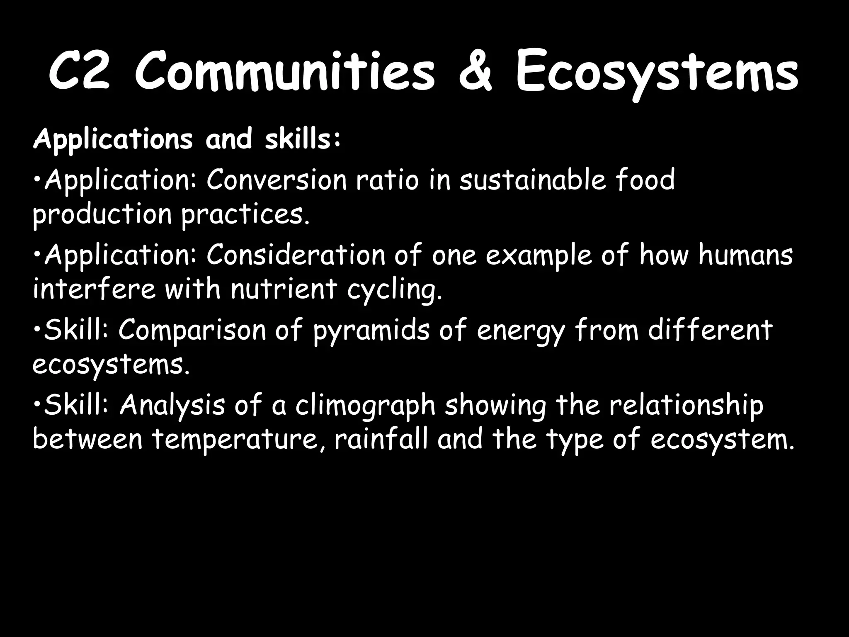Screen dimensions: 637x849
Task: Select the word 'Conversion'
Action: (276, 180)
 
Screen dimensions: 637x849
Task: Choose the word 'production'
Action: (102, 215)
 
